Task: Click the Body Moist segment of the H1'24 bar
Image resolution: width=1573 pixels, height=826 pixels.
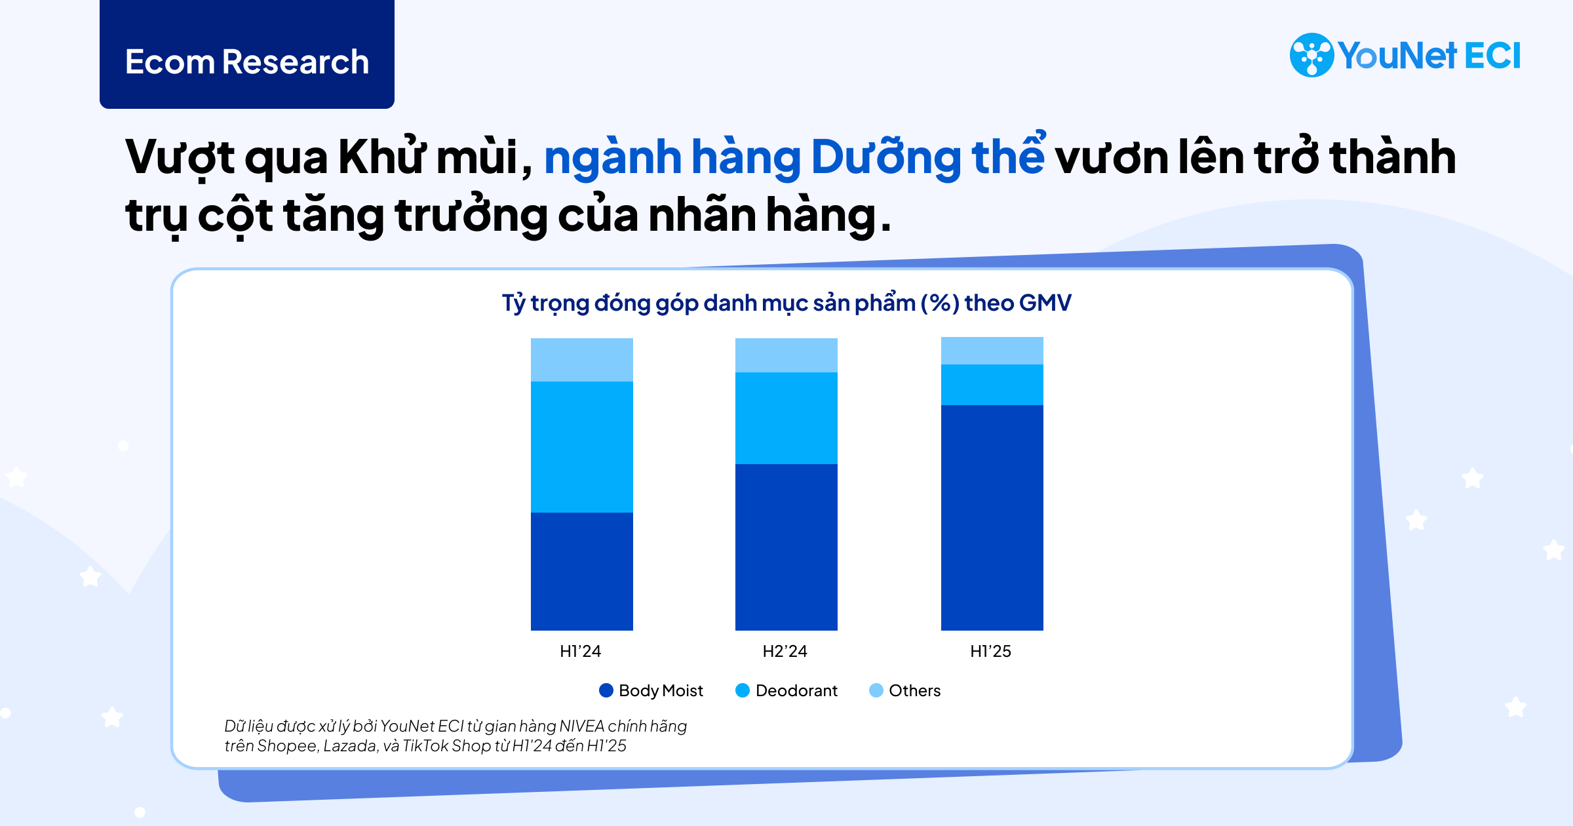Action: click(581, 571)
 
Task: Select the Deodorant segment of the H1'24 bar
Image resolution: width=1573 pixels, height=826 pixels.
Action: click(581, 446)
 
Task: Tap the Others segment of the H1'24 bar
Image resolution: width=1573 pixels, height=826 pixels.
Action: click(581, 359)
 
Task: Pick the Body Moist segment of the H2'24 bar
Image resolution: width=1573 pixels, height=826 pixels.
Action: click(786, 547)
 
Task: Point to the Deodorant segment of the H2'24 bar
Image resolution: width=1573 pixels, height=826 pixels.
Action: click(786, 418)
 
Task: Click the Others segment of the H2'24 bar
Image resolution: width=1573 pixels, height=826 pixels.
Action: click(786, 355)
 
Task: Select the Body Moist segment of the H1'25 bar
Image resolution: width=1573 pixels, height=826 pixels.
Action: click(992, 517)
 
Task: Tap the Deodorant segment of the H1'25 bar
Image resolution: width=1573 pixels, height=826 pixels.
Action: click(992, 384)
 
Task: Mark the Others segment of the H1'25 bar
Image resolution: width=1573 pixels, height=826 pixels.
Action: click(992, 350)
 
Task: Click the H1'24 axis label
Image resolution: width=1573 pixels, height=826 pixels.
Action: click(580, 651)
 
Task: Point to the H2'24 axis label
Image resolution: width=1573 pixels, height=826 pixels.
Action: click(785, 651)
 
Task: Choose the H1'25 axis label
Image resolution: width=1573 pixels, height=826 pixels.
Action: click(990, 651)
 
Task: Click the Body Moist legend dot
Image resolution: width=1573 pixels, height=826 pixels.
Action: click(606, 690)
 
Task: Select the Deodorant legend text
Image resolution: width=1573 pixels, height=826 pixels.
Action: click(796, 690)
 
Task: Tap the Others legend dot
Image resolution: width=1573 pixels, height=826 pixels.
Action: click(876, 690)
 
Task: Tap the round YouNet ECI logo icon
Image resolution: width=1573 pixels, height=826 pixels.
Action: click(1311, 55)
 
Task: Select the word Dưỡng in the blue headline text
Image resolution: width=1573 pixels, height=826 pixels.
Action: click(885, 157)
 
